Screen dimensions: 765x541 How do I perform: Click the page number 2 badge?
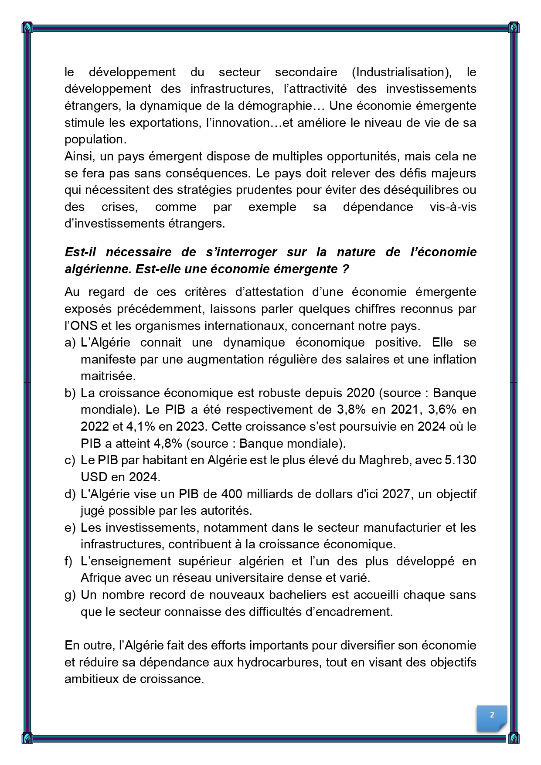coord(492,715)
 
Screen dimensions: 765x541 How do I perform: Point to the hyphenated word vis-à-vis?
coord(453,207)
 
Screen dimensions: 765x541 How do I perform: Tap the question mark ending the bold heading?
coord(346,269)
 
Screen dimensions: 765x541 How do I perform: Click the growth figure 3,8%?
coord(352,410)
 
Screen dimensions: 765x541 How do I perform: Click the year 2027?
coord(396,494)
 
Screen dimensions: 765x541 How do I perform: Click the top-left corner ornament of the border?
coord(27,27)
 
